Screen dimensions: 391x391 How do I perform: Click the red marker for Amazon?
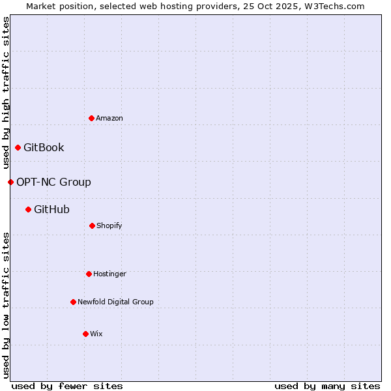point(91,118)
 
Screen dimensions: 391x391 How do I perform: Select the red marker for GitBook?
point(18,147)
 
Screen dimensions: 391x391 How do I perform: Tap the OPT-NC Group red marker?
point(10,182)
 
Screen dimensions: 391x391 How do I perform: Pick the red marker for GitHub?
point(28,209)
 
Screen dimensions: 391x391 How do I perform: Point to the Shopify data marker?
point(92,225)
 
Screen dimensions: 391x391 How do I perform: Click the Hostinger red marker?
point(89,274)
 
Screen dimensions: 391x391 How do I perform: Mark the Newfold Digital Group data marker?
point(73,302)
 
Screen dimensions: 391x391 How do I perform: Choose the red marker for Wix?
point(85,334)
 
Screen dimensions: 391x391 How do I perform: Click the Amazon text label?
point(109,118)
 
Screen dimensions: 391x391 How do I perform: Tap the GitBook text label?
point(44,147)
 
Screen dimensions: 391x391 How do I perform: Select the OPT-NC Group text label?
point(53,182)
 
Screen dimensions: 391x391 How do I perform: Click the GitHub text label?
point(51,209)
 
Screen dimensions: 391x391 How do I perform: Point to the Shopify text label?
point(109,225)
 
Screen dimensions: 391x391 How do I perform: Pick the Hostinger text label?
point(109,274)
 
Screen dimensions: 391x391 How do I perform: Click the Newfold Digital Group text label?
point(115,302)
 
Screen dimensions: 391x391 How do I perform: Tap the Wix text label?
point(96,334)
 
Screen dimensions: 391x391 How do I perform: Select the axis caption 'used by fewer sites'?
point(67,386)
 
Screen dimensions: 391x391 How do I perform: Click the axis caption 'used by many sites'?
point(327,386)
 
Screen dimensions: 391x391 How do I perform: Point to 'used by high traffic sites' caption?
point(6,93)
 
